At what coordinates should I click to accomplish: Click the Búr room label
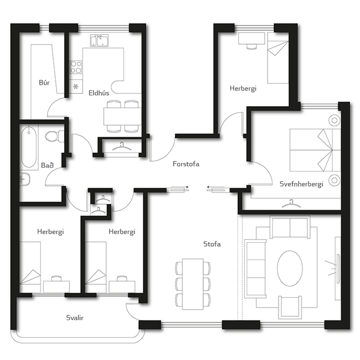44,83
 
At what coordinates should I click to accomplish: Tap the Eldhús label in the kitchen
99,93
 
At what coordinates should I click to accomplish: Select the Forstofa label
186,164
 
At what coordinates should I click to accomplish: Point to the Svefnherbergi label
301,184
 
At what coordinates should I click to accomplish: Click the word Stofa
212,244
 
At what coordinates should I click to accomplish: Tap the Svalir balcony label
75,318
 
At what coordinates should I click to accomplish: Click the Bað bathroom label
47,165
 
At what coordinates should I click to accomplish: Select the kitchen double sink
100,41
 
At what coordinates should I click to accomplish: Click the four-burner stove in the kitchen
76,67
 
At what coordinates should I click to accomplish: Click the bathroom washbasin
25,179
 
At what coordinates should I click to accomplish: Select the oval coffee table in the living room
290,268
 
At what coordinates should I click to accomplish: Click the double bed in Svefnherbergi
315,150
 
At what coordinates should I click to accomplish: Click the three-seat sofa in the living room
256,269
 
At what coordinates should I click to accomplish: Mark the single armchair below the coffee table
290,307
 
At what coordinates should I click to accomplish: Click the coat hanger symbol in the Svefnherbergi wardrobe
291,204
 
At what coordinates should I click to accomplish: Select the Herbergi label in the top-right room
243,89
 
